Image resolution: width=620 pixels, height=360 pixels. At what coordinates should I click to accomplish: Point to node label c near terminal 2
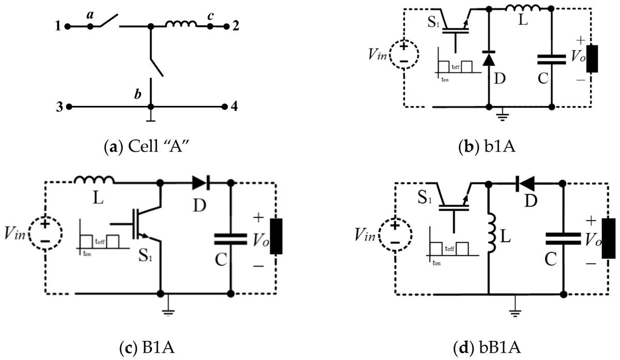pyautogui.click(x=210, y=16)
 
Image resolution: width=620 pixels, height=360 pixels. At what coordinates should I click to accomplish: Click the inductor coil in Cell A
pyautogui.click(x=181, y=24)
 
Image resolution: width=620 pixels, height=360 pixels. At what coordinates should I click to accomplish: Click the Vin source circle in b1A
pyautogui.click(x=404, y=53)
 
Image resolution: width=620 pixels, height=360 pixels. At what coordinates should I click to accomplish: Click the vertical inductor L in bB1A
pyautogui.click(x=488, y=235)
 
